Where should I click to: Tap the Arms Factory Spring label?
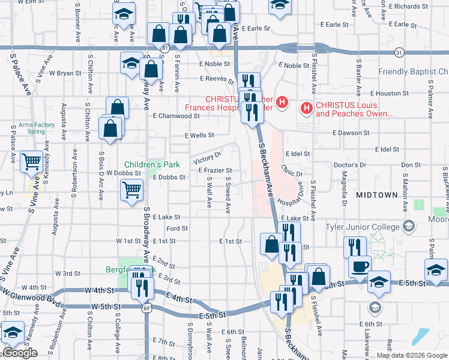click(36, 128)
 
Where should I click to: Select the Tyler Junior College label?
click(363, 227)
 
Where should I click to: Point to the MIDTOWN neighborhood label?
click(376, 195)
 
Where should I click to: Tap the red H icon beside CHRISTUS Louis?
click(306, 109)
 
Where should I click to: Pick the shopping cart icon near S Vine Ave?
click(31, 161)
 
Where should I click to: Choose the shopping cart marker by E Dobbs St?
click(132, 190)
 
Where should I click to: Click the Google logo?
click(20, 353)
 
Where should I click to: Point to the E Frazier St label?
click(215, 171)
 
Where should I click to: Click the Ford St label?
click(177, 229)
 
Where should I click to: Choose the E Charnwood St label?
click(175, 116)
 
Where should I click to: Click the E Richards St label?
click(408, 7)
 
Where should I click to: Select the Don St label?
click(411, 164)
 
